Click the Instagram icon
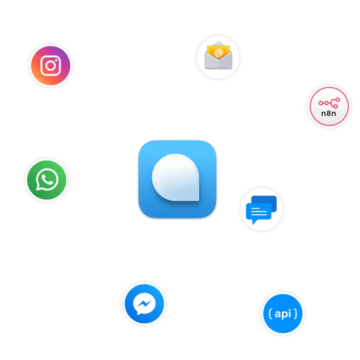(x=51, y=65)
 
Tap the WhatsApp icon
(x=47, y=180)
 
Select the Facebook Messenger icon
(x=144, y=303)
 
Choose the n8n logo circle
(x=329, y=107)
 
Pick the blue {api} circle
(x=283, y=313)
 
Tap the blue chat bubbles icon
(x=262, y=210)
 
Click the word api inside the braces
(x=283, y=313)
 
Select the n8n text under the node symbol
(x=329, y=113)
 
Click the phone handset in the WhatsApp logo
(x=47, y=180)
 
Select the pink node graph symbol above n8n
(x=329, y=103)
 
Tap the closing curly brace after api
(x=296, y=313)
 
